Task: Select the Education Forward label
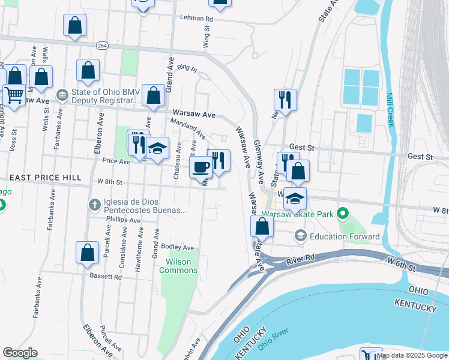[345, 236]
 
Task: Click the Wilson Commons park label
[178, 266]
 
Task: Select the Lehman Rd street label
[196, 19]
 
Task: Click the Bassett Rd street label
[106, 277]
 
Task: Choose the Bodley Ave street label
[177, 247]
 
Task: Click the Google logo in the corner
[20, 353]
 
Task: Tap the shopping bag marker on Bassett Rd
[87, 252]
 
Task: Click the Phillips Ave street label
[123, 220]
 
